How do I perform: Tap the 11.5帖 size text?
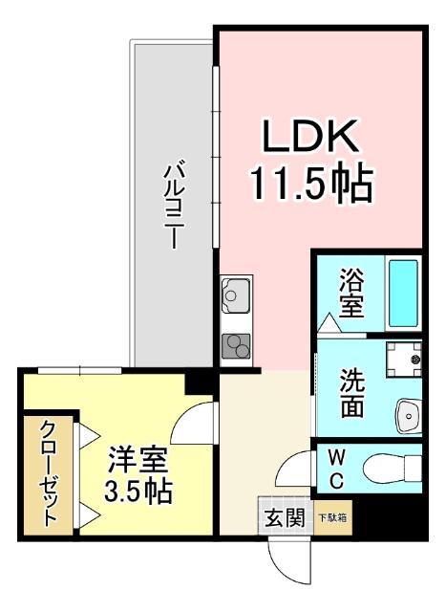310,184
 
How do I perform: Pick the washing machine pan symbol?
404,361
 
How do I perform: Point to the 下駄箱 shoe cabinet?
332,518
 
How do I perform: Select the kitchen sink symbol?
234,297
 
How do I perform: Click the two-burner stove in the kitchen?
234,347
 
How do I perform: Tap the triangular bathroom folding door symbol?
329,325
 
